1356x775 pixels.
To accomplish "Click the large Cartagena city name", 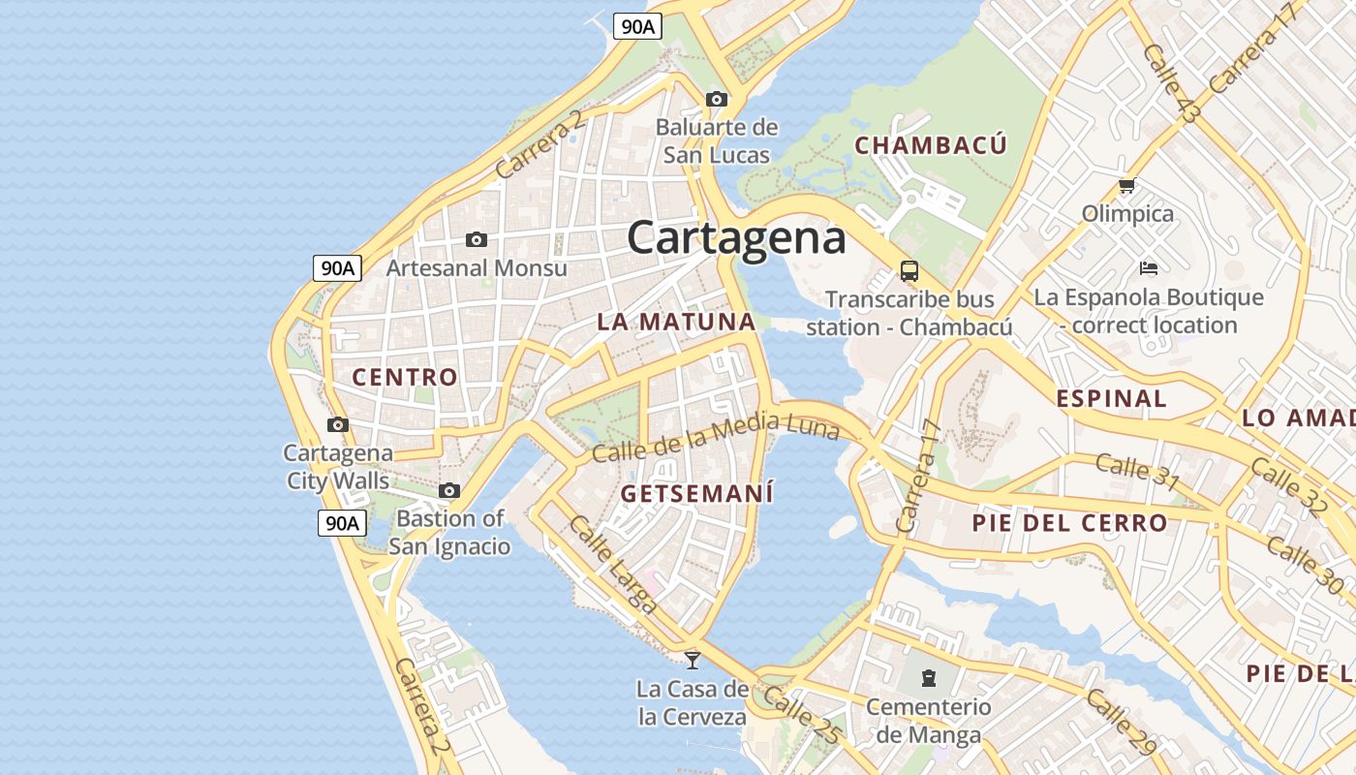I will pos(736,238).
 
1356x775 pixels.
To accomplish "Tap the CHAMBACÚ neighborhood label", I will pos(931,146).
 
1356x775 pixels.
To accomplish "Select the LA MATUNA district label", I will pos(675,323).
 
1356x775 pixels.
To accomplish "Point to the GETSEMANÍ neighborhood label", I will pos(696,494).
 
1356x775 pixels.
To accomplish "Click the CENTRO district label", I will pos(404,378).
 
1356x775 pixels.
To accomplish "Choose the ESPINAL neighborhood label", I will pos(1111,399).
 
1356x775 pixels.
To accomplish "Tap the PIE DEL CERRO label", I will pos(1069,524).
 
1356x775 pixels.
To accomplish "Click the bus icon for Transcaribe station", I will pos(909,270).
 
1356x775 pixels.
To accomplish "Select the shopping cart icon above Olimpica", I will pos(1126,185).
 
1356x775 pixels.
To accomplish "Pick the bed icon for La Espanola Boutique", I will pos(1149,267).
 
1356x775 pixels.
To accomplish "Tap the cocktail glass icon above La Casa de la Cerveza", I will pos(692,661).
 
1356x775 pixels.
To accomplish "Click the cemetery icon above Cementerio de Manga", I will pos(928,676).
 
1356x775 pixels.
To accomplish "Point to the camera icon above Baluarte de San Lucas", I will pos(717,99).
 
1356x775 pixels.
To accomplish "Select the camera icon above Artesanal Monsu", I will pos(476,239).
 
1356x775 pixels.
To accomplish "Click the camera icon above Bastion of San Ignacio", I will pos(449,491).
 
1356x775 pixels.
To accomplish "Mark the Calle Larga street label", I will pos(612,565).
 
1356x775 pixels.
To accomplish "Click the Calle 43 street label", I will pos(1170,83).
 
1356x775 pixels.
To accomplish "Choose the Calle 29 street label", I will pos(1121,721).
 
